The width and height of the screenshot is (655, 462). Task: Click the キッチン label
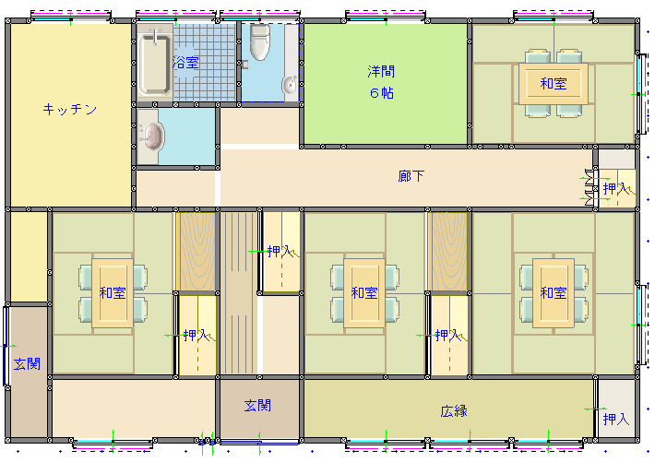pyautogui.click(x=70, y=110)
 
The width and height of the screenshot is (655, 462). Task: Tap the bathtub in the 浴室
pyautogui.click(x=155, y=64)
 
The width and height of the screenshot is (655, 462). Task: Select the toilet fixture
pyautogui.click(x=259, y=41)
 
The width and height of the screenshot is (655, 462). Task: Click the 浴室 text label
pyautogui.click(x=185, y=63)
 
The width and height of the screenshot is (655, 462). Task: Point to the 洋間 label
pyautogui.click(x=381, y=71)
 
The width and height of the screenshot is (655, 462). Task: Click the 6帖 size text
pyautogui.click(x=381, y=93)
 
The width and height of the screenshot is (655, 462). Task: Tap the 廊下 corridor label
pyautogui.click(x=411, y=176)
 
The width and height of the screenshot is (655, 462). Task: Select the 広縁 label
pyautogui.click(x=454, y=411)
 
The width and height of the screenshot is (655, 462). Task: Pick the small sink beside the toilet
pyautogui.click(x=290, y=85)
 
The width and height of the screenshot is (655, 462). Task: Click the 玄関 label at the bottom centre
pyautogui.click(x=257, y=405)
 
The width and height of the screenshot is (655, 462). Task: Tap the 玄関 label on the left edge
pyautogui.click(x=27, y=364)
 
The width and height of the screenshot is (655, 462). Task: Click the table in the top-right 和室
pyautogui.click(x=554, y=84)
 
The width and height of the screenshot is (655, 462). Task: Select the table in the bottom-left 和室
pyautogui.click(x=113, y=293)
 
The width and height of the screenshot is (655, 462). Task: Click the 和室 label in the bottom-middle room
pyautogui.click(x=364, y=293)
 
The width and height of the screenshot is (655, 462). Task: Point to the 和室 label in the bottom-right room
pyautogui.click(x=554, y=293)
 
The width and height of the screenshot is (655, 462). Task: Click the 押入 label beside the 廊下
pyautogui.click(x=616, y=189)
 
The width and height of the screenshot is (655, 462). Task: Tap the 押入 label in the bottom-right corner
pyautogui.click(x=616, y=419)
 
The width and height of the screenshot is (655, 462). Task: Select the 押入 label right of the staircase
pyautogui.click(x=280, y=252)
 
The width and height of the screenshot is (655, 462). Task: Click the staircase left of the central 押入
pyautogui.click(x=239, y=293)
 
